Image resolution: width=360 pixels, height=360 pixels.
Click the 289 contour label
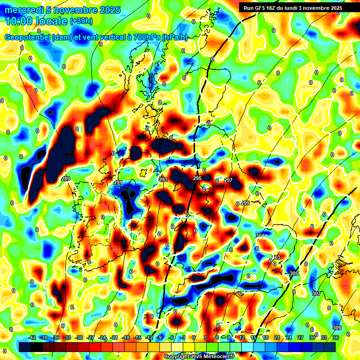pyautogui.click(x=66, y=179)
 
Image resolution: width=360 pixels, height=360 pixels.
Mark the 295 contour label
pyautogui.click(x=197, y=179)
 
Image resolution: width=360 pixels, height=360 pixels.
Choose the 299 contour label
pyautogui.click(x=245, y=203)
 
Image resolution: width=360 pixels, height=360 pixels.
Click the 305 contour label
pyautogui.click(x=294, y=273)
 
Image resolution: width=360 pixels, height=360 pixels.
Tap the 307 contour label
pyautogui.click(x=316, y=293)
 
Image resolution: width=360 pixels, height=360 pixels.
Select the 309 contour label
pyautogui.click(x=337, y=328)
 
